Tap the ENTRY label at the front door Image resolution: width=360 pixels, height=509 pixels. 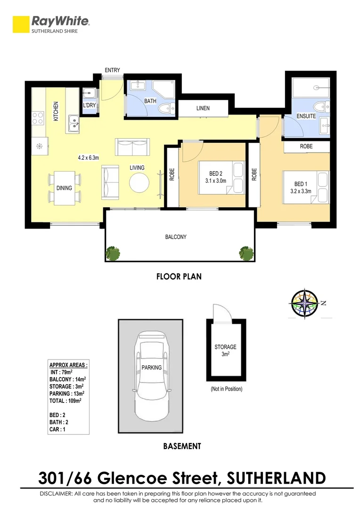coord(112,70)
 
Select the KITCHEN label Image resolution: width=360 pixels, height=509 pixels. coord(56,111)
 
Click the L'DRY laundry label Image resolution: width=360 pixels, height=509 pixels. coord(90,106)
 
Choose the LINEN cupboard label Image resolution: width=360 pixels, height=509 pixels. coord(203,108)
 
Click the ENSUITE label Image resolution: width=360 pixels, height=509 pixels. coord(306,116)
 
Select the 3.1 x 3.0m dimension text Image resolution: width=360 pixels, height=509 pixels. coord(216,181)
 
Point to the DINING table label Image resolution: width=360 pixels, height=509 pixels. coord(65,188)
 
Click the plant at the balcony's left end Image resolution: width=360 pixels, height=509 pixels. coord(113,253)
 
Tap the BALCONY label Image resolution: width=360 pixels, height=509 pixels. coord(176,237)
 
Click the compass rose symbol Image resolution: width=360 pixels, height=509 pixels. coord(304,304)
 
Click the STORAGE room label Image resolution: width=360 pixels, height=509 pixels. coord(225,347)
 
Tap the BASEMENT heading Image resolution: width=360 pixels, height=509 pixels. coord(182,446)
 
